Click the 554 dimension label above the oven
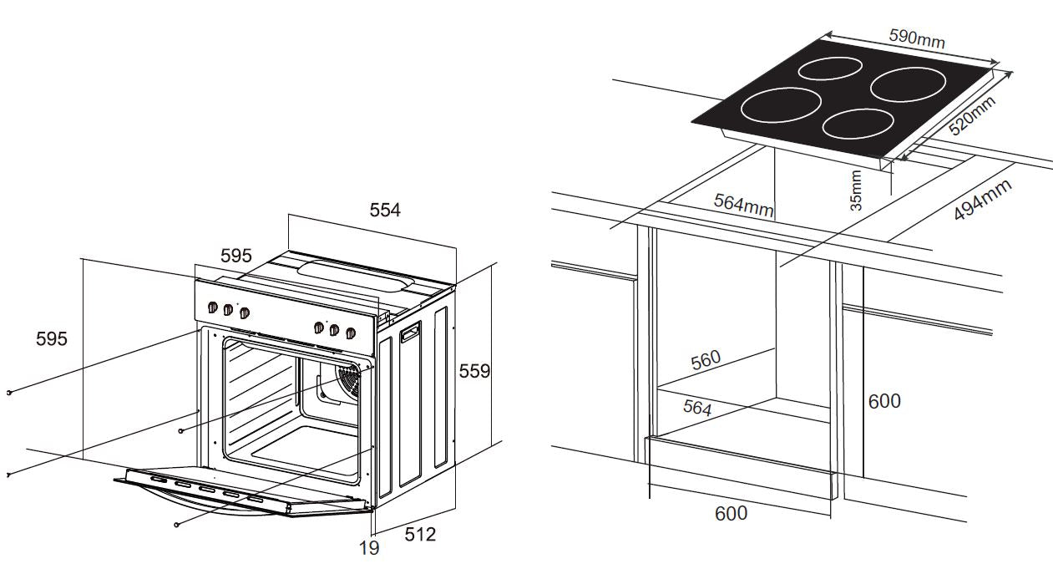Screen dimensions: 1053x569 [385, 210]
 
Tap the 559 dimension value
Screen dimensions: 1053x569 [474, 371]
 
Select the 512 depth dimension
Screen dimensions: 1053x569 [420, 534]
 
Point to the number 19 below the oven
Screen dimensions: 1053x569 [369, 548]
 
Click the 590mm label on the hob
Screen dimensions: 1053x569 [917, 38]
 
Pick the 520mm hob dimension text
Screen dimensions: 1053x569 [972, 115]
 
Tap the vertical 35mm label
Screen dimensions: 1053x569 [856, 190]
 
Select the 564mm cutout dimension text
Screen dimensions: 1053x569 [743, 205]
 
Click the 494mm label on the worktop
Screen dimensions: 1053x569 [983, 200]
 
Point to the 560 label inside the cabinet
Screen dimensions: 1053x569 [706, 360]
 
